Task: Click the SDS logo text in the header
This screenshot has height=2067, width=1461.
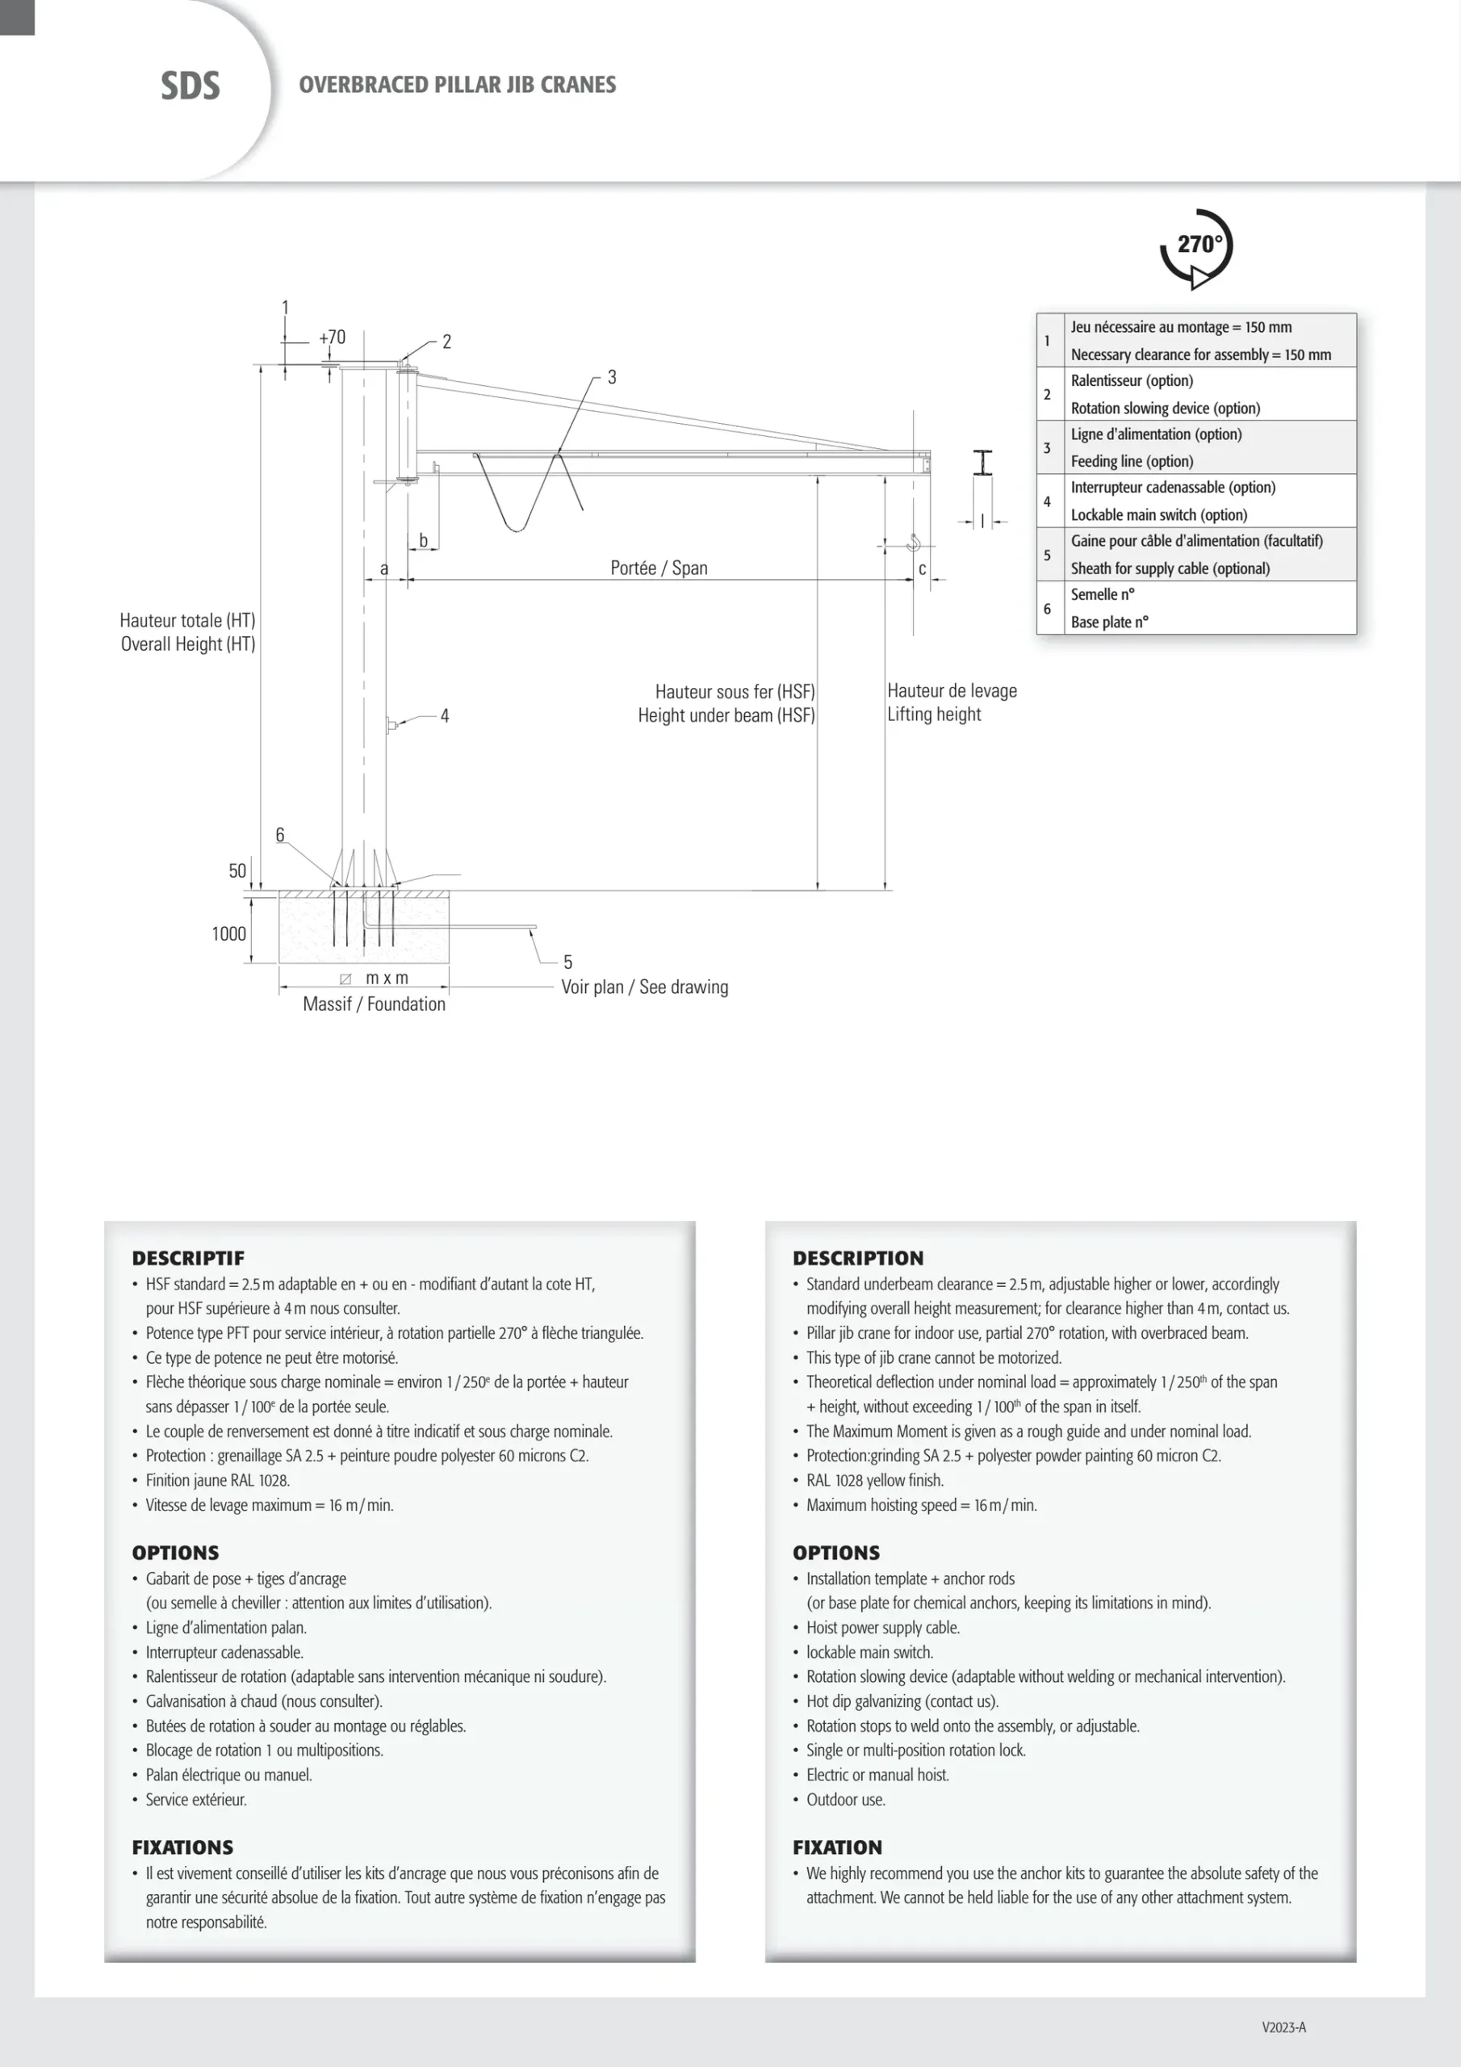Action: pyautogui.click(x=190, y=86)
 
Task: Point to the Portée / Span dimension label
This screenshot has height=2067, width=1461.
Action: pyautogui.click(x=658, y=568)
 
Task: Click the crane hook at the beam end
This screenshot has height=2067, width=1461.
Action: pyautogui.click(x=914, y=542)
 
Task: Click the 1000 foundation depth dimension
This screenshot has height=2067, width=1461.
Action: pyautogui.click(x=228, y=933)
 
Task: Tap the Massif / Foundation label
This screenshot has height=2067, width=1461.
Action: pyautogui.click(x=374, y=1004)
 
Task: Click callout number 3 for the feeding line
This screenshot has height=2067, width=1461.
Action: pyautogui.click(x=612, y=377)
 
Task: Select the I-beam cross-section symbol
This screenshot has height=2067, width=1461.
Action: pyautogui.click(x=983, y=463)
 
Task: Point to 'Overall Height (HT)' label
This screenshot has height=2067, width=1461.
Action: pyautogui.click(x=188, y=644)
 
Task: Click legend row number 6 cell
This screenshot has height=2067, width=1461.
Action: pyautogui.click(x=1047, y=609)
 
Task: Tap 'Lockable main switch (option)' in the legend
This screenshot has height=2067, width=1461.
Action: pyautogui.click(x=1158, y=515)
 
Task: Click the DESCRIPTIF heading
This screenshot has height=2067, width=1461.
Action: pyautogui.click(x=188, y=1258)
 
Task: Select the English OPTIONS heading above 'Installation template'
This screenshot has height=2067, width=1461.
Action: pyautogui.click(x=836, y=1552)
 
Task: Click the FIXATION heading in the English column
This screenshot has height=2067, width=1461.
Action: pyautogui.click(x=837, y=1847)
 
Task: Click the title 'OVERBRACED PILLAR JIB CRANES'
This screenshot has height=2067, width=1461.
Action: pyautogui.click(x=458, y=85)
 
